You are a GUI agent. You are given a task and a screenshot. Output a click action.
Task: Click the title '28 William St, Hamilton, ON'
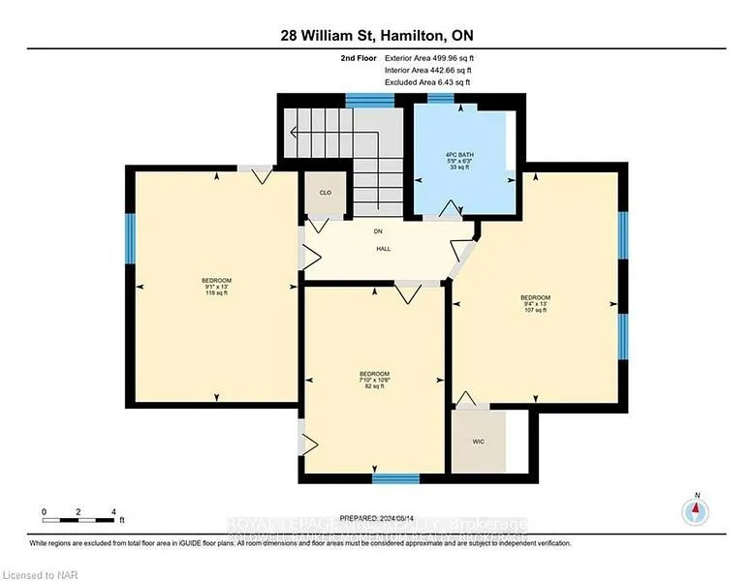pyautogui.click(x=376, y=36)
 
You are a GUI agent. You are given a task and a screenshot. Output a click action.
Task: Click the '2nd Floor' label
pyautogui.click(x=361, y=58)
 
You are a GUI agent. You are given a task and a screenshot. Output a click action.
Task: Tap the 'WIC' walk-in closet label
pyautogui.click(x=479, y=442)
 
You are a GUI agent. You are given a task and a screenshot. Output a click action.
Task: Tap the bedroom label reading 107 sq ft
pyautogui.click(x=535, y=303)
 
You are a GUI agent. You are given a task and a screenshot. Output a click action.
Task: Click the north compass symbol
pyautogui.click(x=695, y=510)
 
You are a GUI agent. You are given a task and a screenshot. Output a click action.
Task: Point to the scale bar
pyautogui.click(x=78, y=523)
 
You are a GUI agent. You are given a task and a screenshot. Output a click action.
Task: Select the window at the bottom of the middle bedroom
pyautogui.click(x=395, y=478)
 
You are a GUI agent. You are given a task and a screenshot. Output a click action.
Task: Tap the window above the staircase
pyautogui.click(x=369, y=99)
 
